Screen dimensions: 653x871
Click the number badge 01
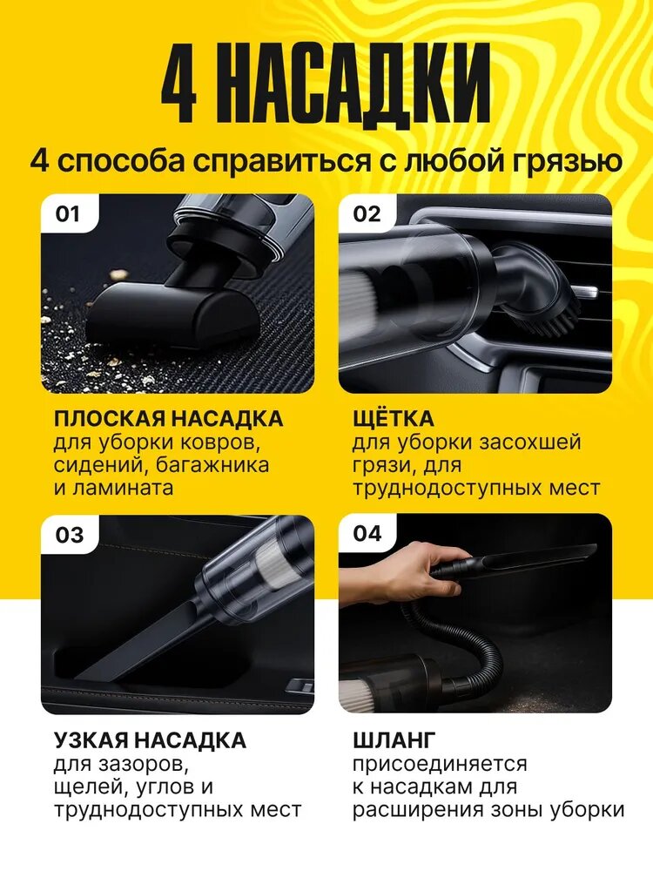point(68,214)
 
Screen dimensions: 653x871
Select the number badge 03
point(69,535)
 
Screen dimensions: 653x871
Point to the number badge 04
point(367,533)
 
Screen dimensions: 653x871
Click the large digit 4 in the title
point(179,86)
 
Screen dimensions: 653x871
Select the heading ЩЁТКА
point(394,418)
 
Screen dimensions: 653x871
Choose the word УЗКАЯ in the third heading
point(91,740)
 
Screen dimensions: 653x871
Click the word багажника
point(212,464)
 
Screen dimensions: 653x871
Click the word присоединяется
point(440,765)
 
